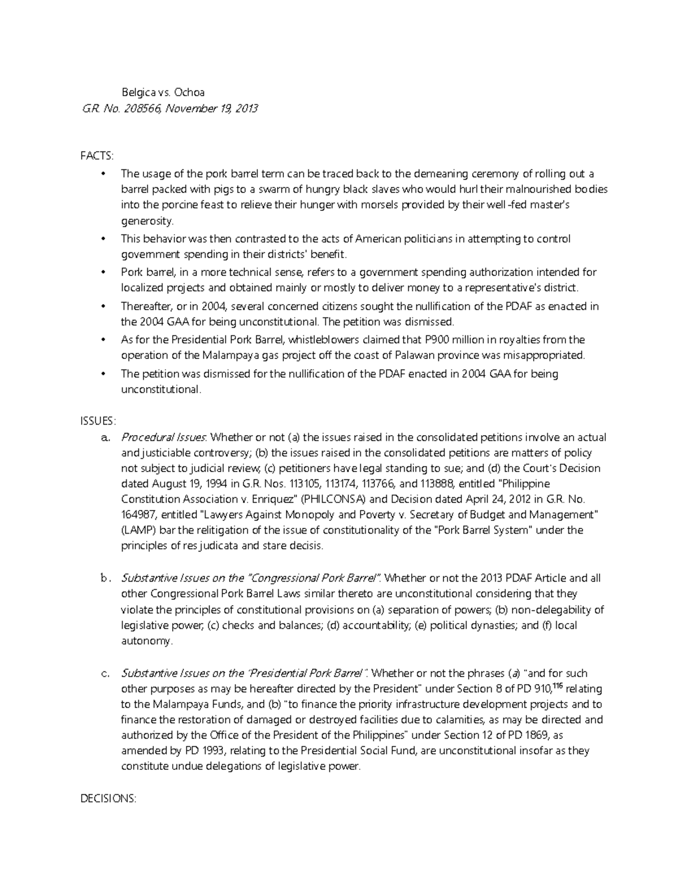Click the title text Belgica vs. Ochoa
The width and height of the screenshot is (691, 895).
pyautogui.click(x=162, y=92)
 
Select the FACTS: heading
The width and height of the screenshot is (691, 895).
pyautogui.click(x=97, y=156)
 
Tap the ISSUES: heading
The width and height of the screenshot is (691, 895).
pyautogui.click(x=98, y=421)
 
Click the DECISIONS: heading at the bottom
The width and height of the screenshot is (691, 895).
pyautogui.click(x=108, y=798)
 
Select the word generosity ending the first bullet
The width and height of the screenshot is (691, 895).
pyautogui.click(x=146, y=221)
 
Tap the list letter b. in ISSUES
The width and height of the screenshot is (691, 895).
pyautogui.click(x=105, y=578)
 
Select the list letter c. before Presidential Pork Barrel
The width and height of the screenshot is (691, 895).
pyautogui.click(x=105, y=673)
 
